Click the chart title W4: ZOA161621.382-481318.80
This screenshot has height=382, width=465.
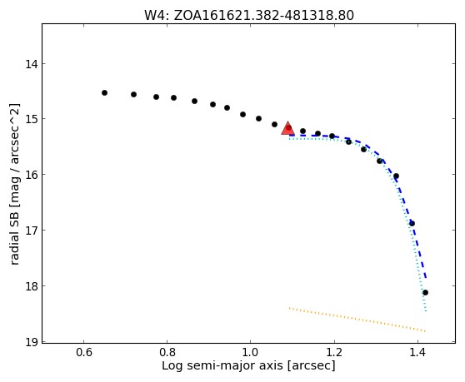(x=249, y=16)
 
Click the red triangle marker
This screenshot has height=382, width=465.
(x=287, y=128)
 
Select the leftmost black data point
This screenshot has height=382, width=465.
(x=104, y=92)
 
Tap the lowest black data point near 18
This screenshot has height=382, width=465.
(x=425, y=293)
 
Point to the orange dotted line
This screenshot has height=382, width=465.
(x=357, y=320)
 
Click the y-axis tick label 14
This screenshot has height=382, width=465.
(x=32, y=64)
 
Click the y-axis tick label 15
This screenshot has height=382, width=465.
(x=32, y=119)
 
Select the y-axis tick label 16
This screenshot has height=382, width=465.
(x=32, y=175)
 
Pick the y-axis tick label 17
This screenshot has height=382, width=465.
(x=32, y=231)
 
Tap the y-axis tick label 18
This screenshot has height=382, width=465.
(x=32, y=286)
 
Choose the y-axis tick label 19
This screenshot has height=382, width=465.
(x=32, y=342)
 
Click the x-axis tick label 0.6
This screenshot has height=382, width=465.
(x=84, y=352)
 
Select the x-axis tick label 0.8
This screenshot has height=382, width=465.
(x=167, y=352)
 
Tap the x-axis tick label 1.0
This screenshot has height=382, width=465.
(x=251, y=352)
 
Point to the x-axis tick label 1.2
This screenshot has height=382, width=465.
(x=334, y=352)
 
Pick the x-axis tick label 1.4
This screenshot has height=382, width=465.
(x=417, y=352)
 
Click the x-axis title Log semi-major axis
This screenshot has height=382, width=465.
(x=222, y=366)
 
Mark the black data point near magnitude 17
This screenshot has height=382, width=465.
(x=412, y=223)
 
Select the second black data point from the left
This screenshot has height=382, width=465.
(x=133, y=95)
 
